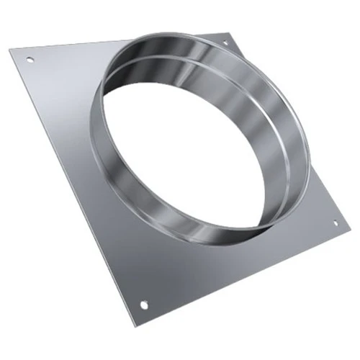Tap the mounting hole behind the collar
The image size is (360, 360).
pyautogui.click(x=225, y=45)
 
